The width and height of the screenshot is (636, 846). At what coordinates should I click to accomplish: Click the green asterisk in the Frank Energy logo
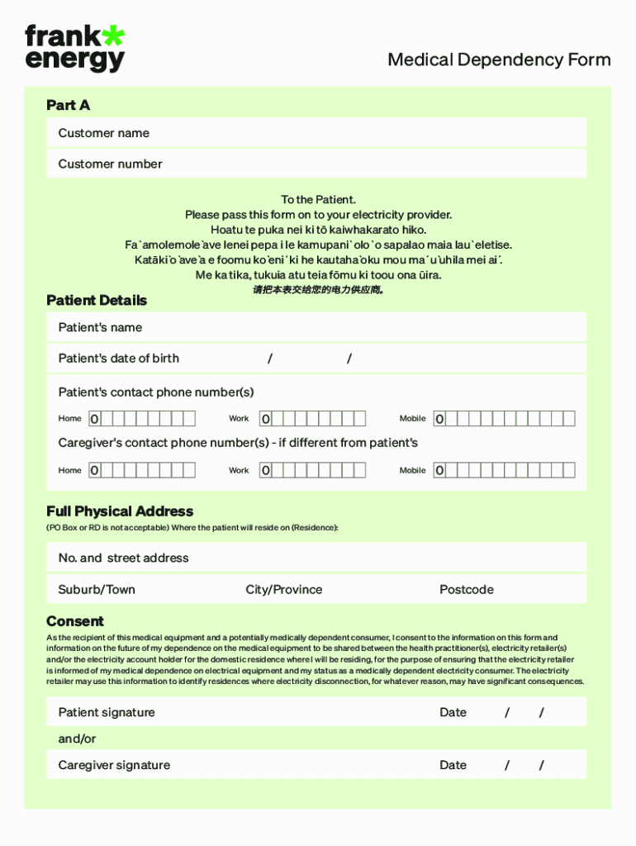(x=112, y=36)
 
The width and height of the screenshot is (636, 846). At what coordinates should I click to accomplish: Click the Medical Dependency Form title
(x=499, y=59)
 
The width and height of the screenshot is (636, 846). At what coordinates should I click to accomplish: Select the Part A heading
(x=69, y=105)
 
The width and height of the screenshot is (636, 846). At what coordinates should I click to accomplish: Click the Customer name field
(x=316, y=133)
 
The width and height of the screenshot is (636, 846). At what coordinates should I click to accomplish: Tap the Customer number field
(x=316, y=164)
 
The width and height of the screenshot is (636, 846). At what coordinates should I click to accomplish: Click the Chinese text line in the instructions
(x=318, y=290)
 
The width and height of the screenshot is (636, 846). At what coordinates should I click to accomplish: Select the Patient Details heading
(x=97, y=300)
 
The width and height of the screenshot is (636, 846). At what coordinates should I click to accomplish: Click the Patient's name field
(x=316, y=327)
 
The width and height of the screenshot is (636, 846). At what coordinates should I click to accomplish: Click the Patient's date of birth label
(x=118, y=358)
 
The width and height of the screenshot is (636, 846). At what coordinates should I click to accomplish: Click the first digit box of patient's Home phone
(x=94, y=419)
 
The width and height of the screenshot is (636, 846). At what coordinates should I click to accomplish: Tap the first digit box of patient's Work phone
(x=265, y=419)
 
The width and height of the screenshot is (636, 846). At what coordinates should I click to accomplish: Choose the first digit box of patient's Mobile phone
(x=439, y=419)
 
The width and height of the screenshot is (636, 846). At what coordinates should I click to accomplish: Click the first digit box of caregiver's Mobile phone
(x=439, y=470)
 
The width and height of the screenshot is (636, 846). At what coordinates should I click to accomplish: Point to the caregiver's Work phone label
(x=239, y=470)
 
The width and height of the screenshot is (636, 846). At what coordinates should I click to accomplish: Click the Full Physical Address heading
(x=120, y=511)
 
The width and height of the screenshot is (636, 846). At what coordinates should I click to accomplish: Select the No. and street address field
(x=316, y=558)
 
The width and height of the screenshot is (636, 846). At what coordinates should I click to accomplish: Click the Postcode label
(x=467, y=589)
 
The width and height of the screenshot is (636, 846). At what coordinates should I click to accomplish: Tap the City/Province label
(x=283, y=589)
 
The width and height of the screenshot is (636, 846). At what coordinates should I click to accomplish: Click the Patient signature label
(x=107, y=712)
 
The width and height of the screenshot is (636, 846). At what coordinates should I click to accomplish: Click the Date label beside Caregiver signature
(x=453, y=765)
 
